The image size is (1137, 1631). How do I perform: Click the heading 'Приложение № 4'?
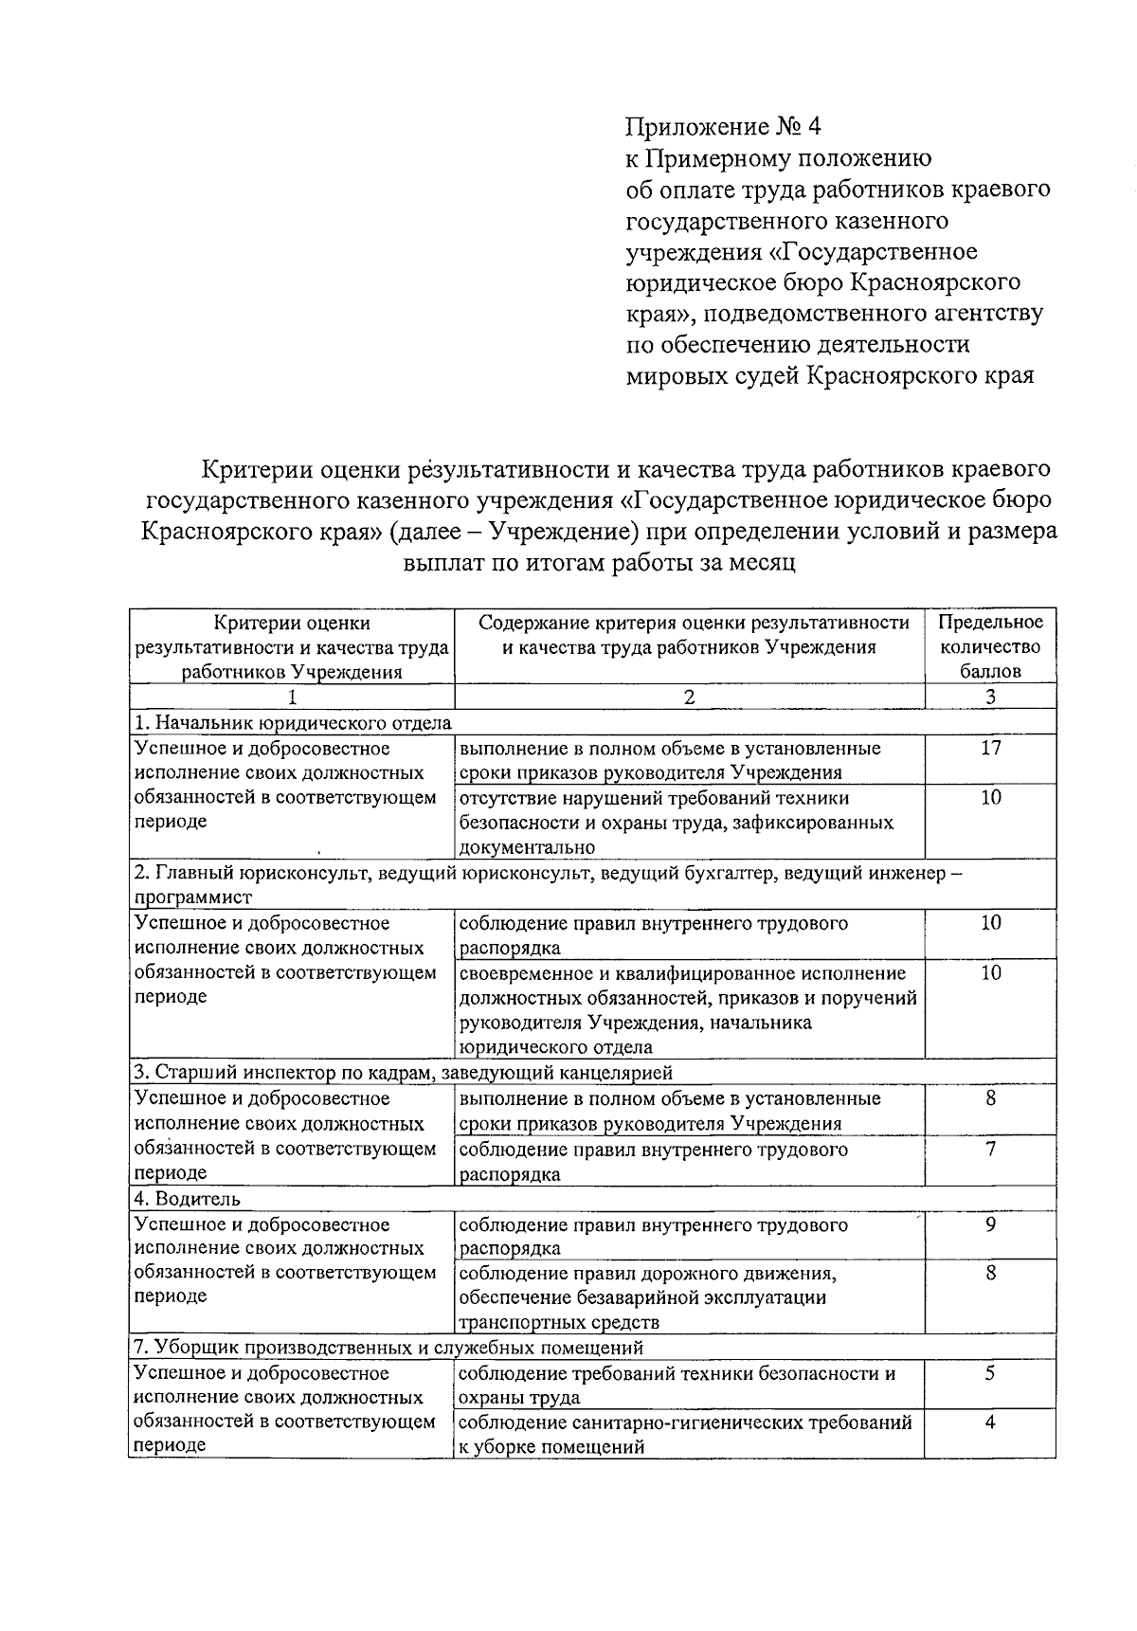pyautogui.click(x=720, y=126)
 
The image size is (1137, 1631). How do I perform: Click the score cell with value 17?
pyautogui.click(x=990, y=748)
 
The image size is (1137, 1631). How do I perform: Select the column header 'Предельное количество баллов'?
pyautogui.click(x=990, y=646)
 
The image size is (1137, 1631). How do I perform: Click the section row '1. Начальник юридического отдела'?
pyautogui.click(x=293, y=723)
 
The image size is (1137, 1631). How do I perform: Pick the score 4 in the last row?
pyautogui.click(x=990, y=1423)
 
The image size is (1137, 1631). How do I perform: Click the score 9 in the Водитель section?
pyautogui.click(x=990, y=1224)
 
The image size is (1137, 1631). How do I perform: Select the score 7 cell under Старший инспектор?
pyautogui.click(x=990, y=1150)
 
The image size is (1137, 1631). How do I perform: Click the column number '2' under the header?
pyautogui.click(x=689, y=698)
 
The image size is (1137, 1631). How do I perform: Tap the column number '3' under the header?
pyautogui.click(x=990, y=698)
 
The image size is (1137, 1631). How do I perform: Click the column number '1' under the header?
pyautogui.click(x=292, y=698)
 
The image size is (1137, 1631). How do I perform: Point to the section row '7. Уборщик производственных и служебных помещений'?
pyautogui.click(x=388, y=1348)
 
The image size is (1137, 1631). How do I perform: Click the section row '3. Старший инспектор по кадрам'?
pyautogui.click(x=403, y=1073)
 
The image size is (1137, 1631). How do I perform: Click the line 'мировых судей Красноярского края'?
pyautogui.click(x=830, y=376)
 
